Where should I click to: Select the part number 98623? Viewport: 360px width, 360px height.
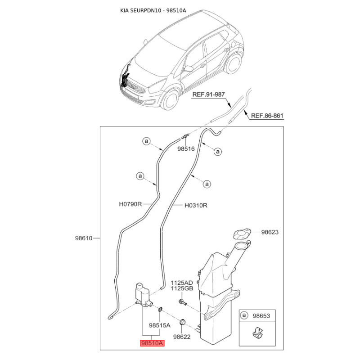pyautogui.click(x=270, y=232)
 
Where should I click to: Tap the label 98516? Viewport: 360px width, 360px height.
pyautogui.click(x=185, y=148)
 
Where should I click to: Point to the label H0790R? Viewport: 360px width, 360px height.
pyautogui.click(x=130, y=204)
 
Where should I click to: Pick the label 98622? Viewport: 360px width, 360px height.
pyautogui.click(x=182, y=337)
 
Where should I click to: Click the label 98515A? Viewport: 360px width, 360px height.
pyautogui.click(x=159, y=325)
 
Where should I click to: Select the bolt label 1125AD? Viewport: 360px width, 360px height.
pyautogui.click(x=181, y=283)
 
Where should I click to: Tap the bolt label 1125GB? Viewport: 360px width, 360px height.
pyautogui.click(x=181, y=289)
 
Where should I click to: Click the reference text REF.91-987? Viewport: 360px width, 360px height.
pyautogui.click(x=208, y=94)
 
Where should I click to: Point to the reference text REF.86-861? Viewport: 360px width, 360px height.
pyautogui.click(x=267, y=116)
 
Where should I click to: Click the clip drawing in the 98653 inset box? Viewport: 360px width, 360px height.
pyautogui.click(x=257, y=333)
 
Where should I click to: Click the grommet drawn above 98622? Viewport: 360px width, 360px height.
pyautogui.click(x=183, y=323)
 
